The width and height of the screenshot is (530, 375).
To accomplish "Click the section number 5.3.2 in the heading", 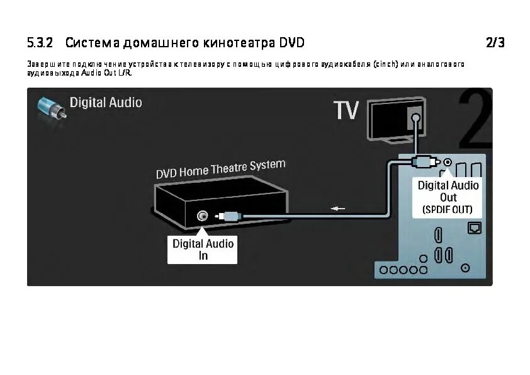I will click(x=40, y=43).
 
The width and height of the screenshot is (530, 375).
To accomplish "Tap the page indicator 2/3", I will click(x=495, y=43).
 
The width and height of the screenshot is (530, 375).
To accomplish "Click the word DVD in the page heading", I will click(x=292, y=43).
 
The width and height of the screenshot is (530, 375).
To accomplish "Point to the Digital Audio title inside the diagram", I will click(x=105, y=102).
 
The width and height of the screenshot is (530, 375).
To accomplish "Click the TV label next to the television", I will click(x=346, y=111).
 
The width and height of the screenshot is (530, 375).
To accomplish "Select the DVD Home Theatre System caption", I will click(x=220, y=169).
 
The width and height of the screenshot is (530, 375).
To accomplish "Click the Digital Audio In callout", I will click(x=203, y=250).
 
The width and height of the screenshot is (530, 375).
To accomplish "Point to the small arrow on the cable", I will click(x=339, y=209).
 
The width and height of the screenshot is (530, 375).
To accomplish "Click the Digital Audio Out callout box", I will click(x=448, y=197).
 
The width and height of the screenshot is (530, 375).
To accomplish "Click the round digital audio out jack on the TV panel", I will click(x=447, y=163).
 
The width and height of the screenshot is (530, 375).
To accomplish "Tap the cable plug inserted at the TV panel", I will click(x=424, y=163).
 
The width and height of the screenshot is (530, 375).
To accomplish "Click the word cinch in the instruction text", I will click(x=385, y=64).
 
